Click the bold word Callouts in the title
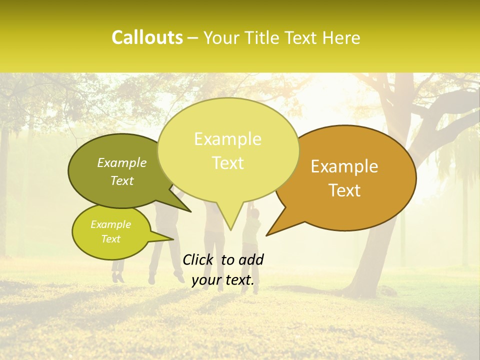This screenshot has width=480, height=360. click(x=147, y=37)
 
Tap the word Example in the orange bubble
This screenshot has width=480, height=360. click(x=344, y=166)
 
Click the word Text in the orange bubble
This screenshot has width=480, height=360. click(x=344, y=190)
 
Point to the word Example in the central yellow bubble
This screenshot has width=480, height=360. click(x=227, y=139)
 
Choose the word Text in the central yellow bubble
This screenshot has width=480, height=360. click(x=227, y=163)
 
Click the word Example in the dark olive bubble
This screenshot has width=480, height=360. click(x=122, y=163)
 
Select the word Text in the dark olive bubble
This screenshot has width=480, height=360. click(x=122, y=180)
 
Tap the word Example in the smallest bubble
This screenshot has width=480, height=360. click(x=111, y=224)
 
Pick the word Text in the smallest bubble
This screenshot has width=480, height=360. click(x=111, y=239)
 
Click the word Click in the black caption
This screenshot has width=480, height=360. click(x=199, y=259)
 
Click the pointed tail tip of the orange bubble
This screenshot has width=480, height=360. click(x=266, y=235)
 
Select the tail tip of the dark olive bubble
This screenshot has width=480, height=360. click(x=190, y=211)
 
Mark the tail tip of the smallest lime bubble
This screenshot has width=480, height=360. click(x=173, y=239)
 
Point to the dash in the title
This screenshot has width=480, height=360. click(x=193, y=38)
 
